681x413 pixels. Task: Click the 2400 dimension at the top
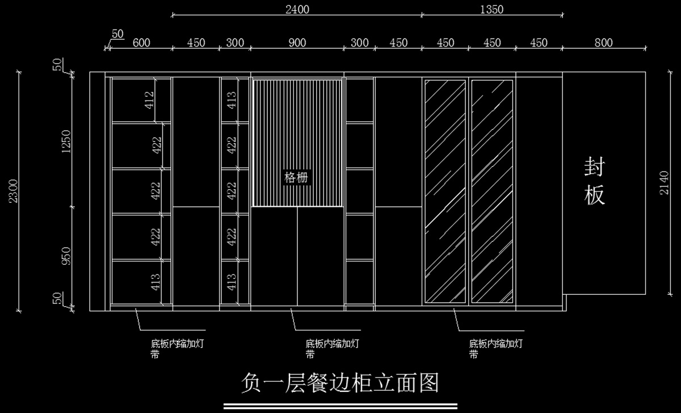(x=297, y=9)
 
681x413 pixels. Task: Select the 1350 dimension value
(x=491, y=9)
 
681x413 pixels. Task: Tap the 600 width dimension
(x=141, y=43)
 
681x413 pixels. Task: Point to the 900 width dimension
(x=297, y=43)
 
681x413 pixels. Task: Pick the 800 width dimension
(x=603, y=43)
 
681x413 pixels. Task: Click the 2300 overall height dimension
(x=13, y=191)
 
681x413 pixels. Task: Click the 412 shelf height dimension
(x=150, y=101)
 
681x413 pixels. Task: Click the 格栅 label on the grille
(x=297, y=178)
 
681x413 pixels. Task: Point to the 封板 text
(x=594, y=182)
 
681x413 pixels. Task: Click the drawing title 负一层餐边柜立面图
(x=340, y=383)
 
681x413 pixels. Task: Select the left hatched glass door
(x=444, y=191)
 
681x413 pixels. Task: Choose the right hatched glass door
(x=492, y=191)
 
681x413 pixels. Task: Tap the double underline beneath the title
(x=340, y=406)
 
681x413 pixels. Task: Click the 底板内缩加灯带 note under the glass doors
(x=495, y=349)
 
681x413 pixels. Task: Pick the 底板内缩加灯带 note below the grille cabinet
(x=331, y=349)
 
